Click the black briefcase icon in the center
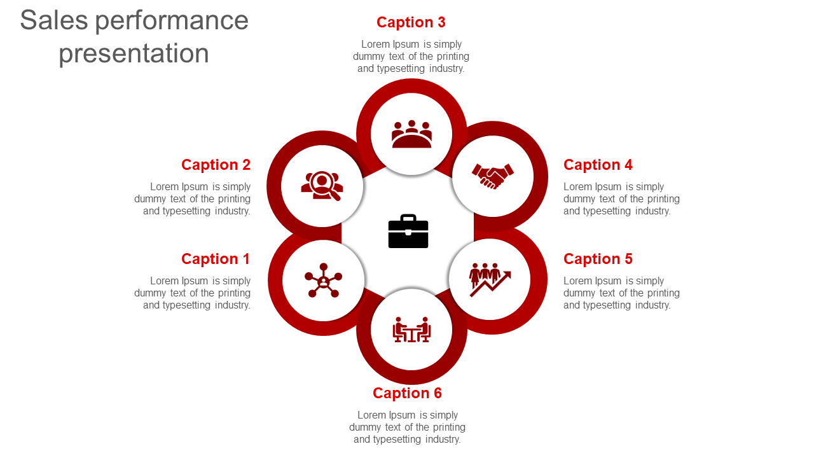pos(408,232)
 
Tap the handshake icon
pos(492,176)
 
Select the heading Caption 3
pos(411,22)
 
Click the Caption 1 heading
pos(216,259)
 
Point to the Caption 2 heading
pos(216,165)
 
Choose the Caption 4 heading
pos(598,165)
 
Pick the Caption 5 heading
pos(598,259)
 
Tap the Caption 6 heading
pos(407,393)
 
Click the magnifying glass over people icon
pos(322,186)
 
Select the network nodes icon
pos(323,280)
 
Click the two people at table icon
pos(411,330)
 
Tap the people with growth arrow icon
pos(490,279)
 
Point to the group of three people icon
pos(411,134)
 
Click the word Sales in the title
pos(53,20)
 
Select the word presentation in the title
pos(134,53)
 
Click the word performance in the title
pos(172,20)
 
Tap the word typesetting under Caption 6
pos(396,440)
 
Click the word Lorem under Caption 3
pos(375,45)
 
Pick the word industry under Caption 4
pos(652,211)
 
